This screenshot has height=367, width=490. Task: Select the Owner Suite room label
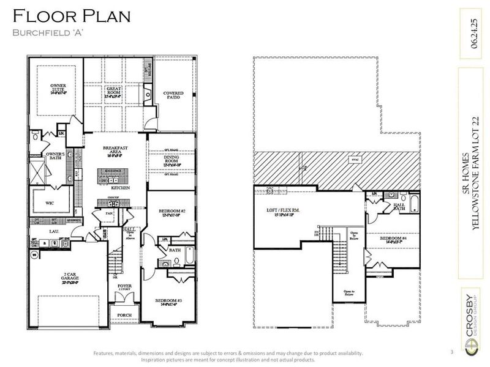(53, 89)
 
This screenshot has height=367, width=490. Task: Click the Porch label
(124, 315)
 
